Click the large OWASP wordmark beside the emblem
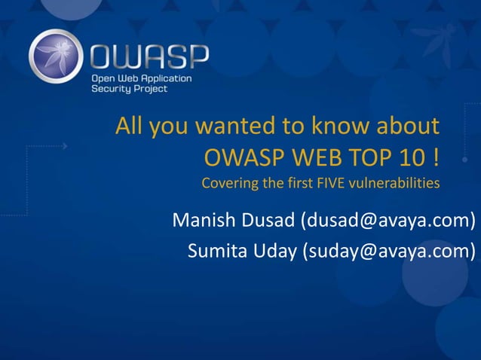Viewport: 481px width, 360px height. coord(149,56)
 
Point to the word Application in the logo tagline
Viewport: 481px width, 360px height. coord(164,78)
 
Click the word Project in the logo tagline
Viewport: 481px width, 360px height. coord(150,89)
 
